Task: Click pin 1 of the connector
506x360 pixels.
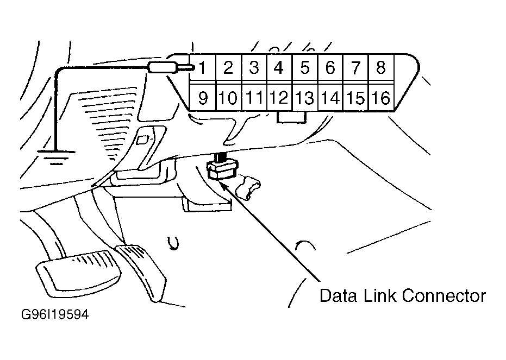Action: pos(203,68)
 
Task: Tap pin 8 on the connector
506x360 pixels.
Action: pos(381,68)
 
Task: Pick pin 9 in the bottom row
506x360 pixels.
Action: pos(203,97)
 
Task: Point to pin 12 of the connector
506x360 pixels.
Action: pos(279,97)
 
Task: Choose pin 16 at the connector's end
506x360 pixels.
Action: pos(381,97)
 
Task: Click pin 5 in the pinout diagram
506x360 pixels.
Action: pos(304,68)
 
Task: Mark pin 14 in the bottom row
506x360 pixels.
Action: pos(330,97)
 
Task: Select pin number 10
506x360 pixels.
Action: pos(228,97)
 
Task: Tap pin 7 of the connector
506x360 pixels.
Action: pos(355,68)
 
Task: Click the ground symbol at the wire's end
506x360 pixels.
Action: pos(57,157)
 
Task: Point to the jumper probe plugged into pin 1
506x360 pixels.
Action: pos(171,68)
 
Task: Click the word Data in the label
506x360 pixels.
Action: pos(338,296)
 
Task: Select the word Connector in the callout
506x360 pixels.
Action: pos(443,296)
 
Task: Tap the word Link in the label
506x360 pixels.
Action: pos(380,296)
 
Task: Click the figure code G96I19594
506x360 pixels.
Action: pos(54,314)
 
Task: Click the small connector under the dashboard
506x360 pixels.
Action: pos(223,170)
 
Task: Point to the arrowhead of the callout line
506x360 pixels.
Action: pos(223,185)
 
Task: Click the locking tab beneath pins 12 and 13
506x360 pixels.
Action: pos(292,117)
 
